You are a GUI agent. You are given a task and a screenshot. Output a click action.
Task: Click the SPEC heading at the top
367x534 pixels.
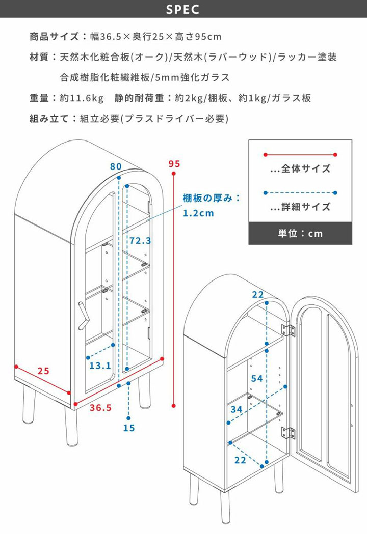point(183,10)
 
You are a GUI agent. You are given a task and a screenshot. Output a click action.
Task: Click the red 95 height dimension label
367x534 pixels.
point(174,164)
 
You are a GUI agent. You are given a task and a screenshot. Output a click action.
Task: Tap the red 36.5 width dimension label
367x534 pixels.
point(100,407)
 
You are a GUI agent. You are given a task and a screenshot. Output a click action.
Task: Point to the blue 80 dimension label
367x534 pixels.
point(116,166)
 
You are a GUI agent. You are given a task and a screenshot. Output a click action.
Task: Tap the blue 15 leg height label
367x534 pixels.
point(129,428)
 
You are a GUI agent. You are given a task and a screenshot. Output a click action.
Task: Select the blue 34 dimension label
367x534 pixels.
point(236,409)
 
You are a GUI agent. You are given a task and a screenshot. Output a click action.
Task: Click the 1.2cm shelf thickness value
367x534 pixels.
point(198,213)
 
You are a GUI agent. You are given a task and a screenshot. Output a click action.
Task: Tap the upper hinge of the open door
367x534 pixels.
point(289,330)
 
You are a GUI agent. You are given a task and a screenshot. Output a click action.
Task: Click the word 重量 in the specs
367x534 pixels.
point(39,98)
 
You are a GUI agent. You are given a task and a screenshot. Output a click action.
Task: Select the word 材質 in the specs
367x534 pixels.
point(39,57)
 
